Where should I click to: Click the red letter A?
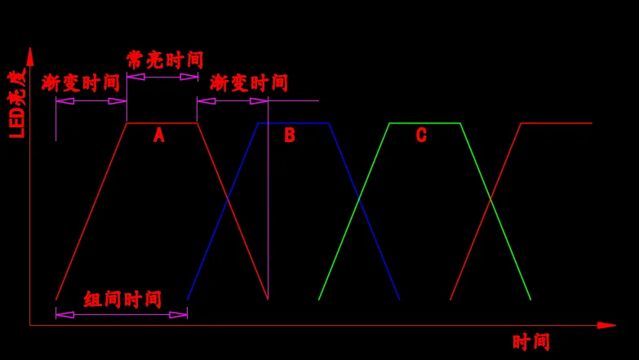click(x=159, y=136)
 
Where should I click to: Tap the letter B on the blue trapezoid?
click(x=290, y=136)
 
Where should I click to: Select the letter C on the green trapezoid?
click(x=421, y=136)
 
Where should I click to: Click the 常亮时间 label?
click(x=165, y=60)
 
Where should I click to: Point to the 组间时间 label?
click(x=122, y=299)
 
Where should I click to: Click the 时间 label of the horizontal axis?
click(x=531, y=342)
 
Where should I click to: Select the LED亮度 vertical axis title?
click(x=17, y=104)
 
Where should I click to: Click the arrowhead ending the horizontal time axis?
click(x=606, y=325)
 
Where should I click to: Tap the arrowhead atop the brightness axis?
click(x=30, y=56)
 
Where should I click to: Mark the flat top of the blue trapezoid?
click(x=294, y=123)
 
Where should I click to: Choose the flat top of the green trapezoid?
click(x=425, y=123)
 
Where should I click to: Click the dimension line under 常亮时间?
click(x=162, y=77)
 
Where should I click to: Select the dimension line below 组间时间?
click(x=122, y=314)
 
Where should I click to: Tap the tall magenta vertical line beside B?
click(x=268, y=204)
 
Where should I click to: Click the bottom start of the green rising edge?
click(x=319, y=299)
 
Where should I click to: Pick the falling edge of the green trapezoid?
click(x=495, y=212)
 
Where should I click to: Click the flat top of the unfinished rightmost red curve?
click(x=557, y=123)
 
